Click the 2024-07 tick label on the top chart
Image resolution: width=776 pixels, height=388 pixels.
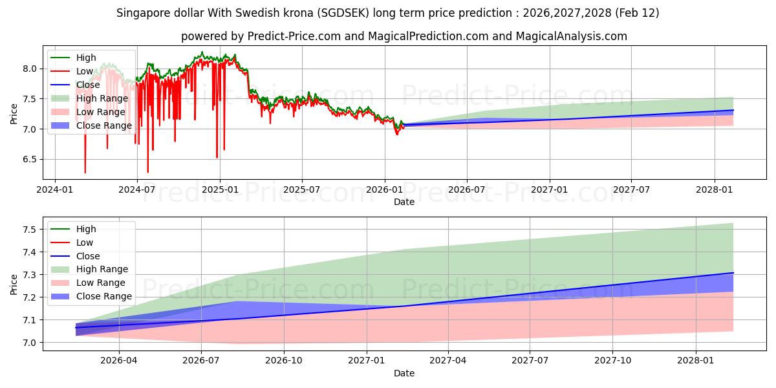(x=136, y=189)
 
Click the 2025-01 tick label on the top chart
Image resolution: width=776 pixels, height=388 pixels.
(x=220, y=189)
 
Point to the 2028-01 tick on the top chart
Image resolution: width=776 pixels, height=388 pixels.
(x=715, y=189)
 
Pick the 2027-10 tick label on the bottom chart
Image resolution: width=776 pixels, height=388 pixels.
(x=612, y=361)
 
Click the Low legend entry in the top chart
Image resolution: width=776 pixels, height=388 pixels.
(x=85, y=71)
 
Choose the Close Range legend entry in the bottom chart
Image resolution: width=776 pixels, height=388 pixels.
(x=103, y=296)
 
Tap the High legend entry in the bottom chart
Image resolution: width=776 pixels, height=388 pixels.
(x=86, y=229)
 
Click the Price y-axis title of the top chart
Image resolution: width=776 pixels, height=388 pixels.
(x=14, y=113)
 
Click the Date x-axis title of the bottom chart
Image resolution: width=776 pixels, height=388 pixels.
(x=404, y=373)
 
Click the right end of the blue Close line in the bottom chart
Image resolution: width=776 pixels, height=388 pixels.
(x=733, y=273)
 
